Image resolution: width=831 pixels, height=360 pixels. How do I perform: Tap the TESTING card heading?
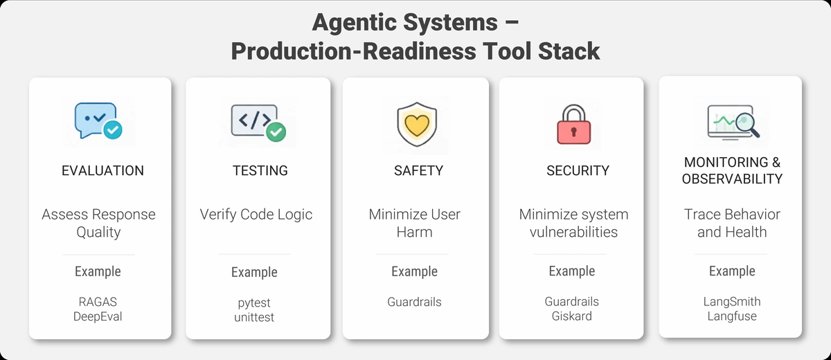pyautogui.click(x=260, y=170)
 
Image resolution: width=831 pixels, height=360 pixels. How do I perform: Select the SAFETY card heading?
pyautogui.click(x=418, y=170)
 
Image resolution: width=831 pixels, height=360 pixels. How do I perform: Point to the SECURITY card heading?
pyautogui.click(x=578, y=170)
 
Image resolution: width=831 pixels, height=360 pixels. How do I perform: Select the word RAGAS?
pyautogui.click(x=98, y=302)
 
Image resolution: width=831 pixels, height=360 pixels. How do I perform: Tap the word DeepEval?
pyautogui.click(x=98, y=316)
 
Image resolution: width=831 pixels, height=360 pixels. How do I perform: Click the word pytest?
pyautogui.click(x=254, y=303)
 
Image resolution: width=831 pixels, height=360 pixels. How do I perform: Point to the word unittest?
pyautogui.click(x=254, y=317)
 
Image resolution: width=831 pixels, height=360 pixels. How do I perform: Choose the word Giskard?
pyautogui.click(x=571, y=316)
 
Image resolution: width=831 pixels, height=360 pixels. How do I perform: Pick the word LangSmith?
pyautogui.click(x=731, y=302)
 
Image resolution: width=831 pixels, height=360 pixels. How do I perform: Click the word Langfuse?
pyautogui.click(x=731, y=316)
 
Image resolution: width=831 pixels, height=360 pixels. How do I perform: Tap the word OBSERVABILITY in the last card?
pyautogui.click(x=732, y=179)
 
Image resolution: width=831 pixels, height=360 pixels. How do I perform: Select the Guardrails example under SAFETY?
pyautogui.click(x=414, y=302)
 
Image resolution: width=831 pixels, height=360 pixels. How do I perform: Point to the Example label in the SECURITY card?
pyautogui.click(x=571, y=271)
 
